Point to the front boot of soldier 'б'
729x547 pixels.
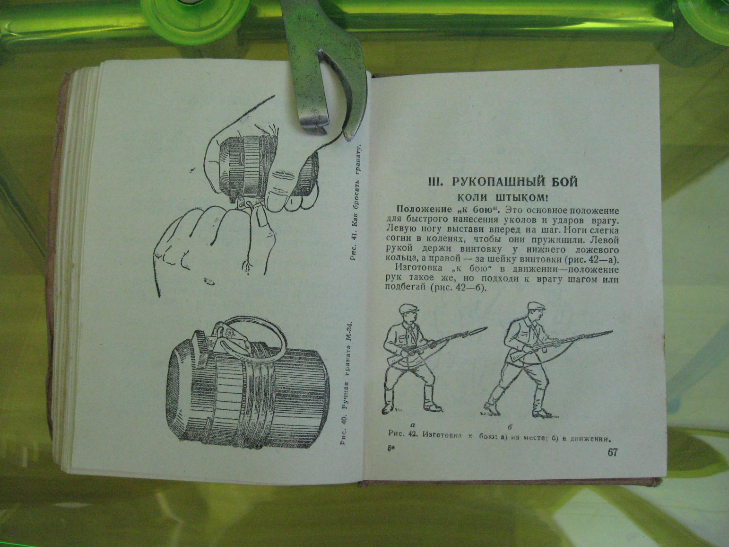pyautogui.click(x=488, y=408)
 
